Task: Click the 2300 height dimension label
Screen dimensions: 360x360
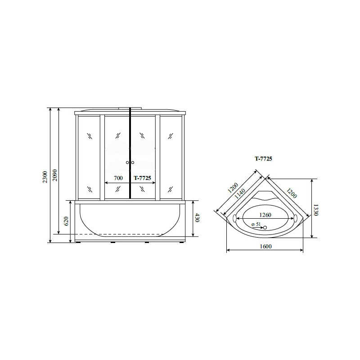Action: (x=45, y=177)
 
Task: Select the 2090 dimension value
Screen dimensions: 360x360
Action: (x=55, y=175)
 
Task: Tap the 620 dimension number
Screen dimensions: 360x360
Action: (x=66, y=221)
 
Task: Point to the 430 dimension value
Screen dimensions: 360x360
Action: (x=197, y=218)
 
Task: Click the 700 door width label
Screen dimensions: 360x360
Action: (x=118, y=178)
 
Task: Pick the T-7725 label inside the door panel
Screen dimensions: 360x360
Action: (x=142, y=178)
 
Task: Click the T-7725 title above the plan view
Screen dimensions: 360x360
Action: (x=263, y=159)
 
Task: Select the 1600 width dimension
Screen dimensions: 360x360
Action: (x=265, y=246)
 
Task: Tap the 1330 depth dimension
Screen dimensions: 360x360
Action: (x=316, y=210)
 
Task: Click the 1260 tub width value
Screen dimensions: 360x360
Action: (x=265, y=215)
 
